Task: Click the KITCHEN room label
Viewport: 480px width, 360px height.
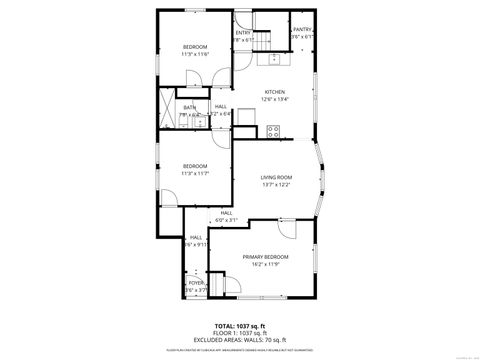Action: click(x=274, y=92)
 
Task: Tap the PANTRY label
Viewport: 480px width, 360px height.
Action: click(x=302, y=30)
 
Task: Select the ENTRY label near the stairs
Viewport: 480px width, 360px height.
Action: click(x=243, y=33)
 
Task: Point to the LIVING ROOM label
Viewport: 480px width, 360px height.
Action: click(x=276, y=177)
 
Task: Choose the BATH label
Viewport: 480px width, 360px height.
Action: click(x=189, y=107)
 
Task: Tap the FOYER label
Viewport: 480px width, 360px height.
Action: click(x=196, y=283)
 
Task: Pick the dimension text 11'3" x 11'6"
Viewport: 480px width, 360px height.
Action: click(x=195, y=54)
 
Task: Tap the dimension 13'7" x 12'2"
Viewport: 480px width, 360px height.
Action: click(x=276, y=184)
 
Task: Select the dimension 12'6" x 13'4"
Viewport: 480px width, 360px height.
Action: click(x=274, y=99)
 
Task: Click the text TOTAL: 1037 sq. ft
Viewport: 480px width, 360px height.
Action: click(x=239, y=326)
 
